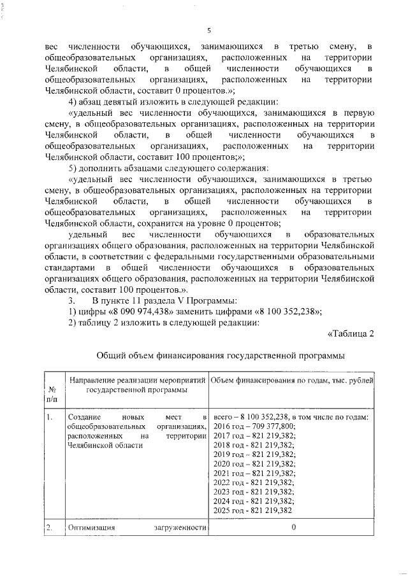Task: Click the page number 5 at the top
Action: pos(208,30)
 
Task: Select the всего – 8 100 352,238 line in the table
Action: pos(290,417)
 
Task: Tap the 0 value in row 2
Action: pos(294,528)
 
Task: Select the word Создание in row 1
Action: pos(84,417)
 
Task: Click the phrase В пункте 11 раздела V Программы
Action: pos(165,300)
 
